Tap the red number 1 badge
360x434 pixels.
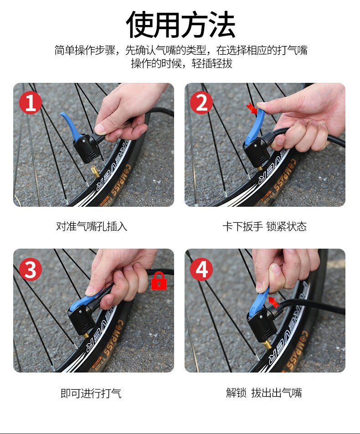pos(30,102)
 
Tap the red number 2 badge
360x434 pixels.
pos(201,102)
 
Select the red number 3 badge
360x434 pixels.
pos(30,269)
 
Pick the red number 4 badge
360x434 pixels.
pos(201,269)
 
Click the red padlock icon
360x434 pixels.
pos(159,281)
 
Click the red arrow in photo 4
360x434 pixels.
pos(273,302)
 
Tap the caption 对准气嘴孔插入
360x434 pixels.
pos(92,226)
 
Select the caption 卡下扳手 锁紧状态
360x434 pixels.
pos(264,226)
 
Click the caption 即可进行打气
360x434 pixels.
pos(91,393)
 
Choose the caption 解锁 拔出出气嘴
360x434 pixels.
pos(264,393)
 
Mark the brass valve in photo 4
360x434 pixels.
pos(267,345)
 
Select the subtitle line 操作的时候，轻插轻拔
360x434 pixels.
pos(182,63)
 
